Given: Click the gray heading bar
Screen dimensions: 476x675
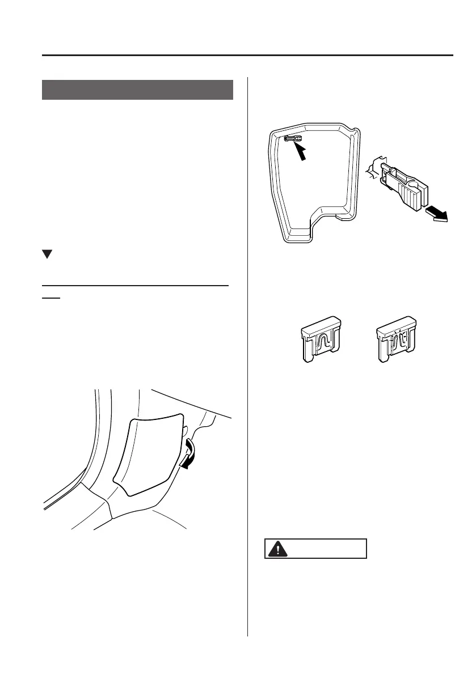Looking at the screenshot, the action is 137,90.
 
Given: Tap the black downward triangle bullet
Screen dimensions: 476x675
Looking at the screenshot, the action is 47,255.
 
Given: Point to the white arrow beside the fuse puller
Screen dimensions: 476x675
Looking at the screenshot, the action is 437,215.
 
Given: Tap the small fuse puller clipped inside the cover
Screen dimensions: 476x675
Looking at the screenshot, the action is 293,138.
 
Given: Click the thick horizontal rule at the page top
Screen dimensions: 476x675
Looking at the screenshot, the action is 247,56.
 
